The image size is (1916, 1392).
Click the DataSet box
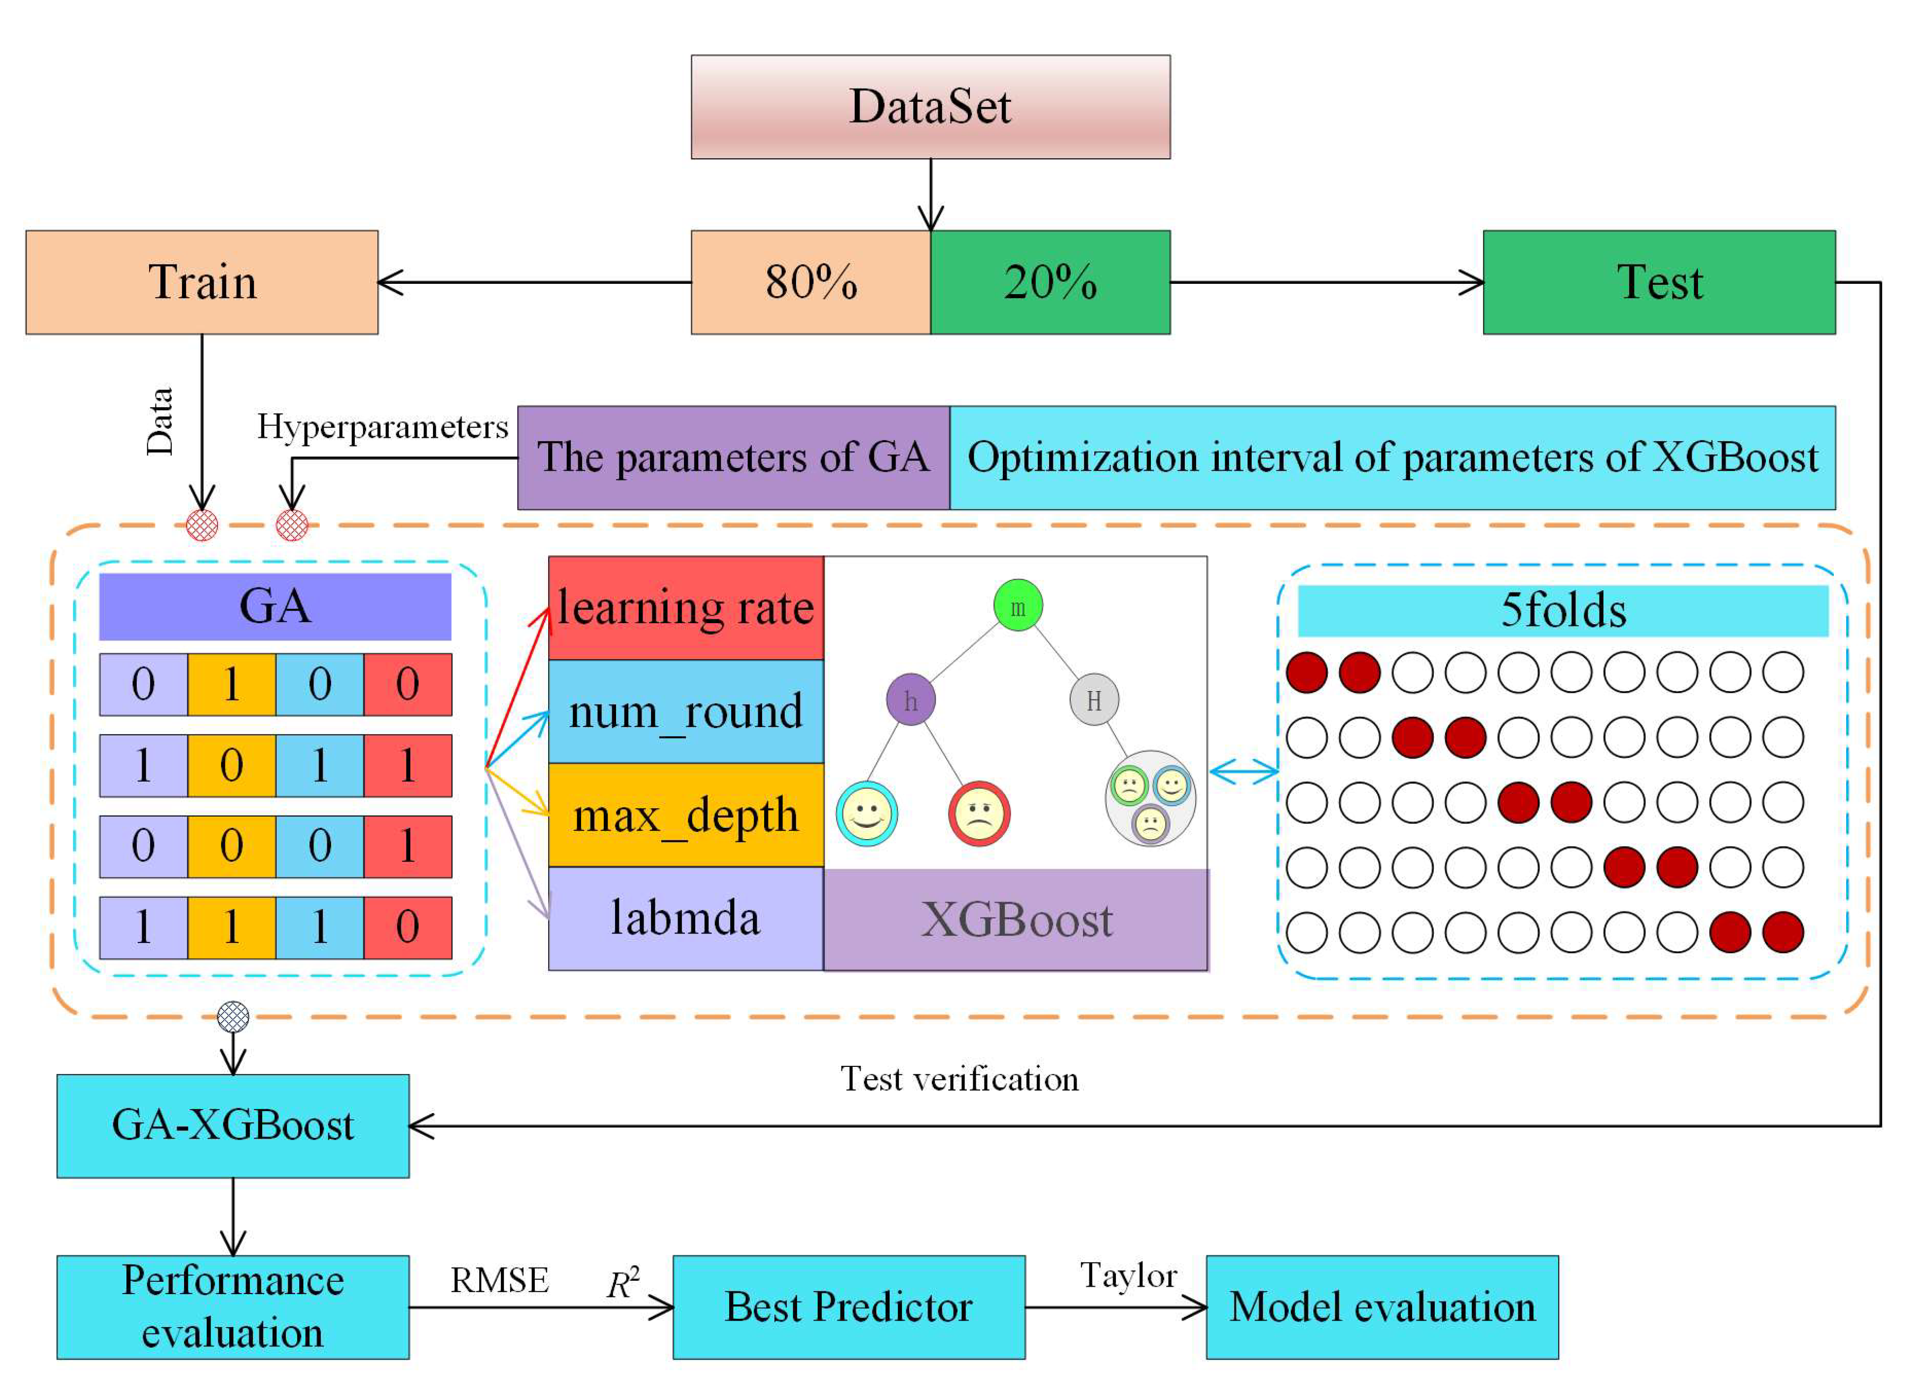[x=930, y=107]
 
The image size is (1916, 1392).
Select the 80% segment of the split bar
[x=811, y=282]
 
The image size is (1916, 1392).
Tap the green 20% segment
[x=1050, y=282]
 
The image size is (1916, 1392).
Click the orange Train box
[x=202, y=282]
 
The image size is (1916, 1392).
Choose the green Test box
[x=1659, y=282]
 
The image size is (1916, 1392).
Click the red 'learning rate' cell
[x=686, y=608]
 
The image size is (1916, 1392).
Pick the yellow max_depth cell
[x=686, y=815]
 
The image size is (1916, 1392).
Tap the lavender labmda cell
[x=686, y=918]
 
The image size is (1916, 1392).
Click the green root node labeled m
[x=1018, y=605]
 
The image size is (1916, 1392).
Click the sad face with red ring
[x=979, y=814]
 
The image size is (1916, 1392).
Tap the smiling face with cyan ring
[x=867, y=814]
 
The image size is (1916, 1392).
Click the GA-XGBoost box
[x=233, y=1126]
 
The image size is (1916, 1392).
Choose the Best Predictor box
[x=849, y=1307]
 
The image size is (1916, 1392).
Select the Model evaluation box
[x=1382, y=1307]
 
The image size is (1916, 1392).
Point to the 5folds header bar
[x=1563, y=611]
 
